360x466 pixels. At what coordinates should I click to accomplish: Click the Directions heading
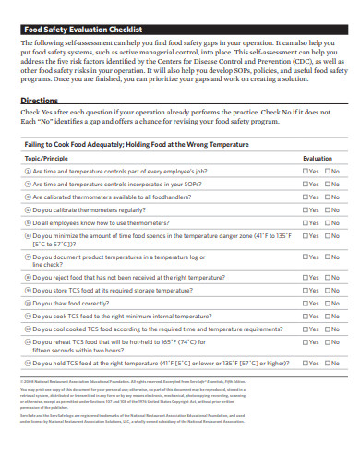40,100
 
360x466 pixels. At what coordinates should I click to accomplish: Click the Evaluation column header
318,159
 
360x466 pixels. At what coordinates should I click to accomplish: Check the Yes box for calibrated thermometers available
306,197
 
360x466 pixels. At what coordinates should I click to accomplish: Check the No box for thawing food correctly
327,302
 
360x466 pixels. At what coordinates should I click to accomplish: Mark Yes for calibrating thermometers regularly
306,209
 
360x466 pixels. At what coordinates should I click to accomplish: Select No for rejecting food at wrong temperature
327,276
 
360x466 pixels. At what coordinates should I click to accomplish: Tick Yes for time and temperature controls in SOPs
306,184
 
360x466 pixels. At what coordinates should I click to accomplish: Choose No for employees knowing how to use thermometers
327,222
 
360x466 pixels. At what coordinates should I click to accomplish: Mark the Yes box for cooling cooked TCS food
306,328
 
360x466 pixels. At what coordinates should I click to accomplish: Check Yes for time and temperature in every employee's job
306,171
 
